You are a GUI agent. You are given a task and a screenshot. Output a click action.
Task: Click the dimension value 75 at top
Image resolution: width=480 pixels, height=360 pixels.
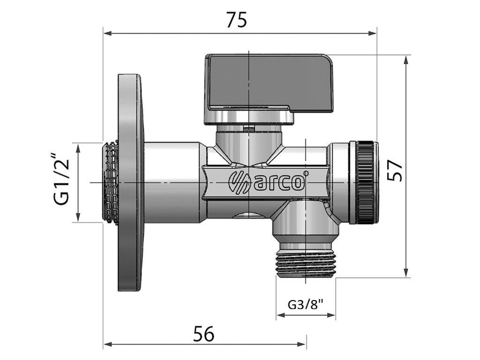point(236,20)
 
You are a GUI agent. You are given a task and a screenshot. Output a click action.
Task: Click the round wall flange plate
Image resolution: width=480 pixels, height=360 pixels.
point(130,182)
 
